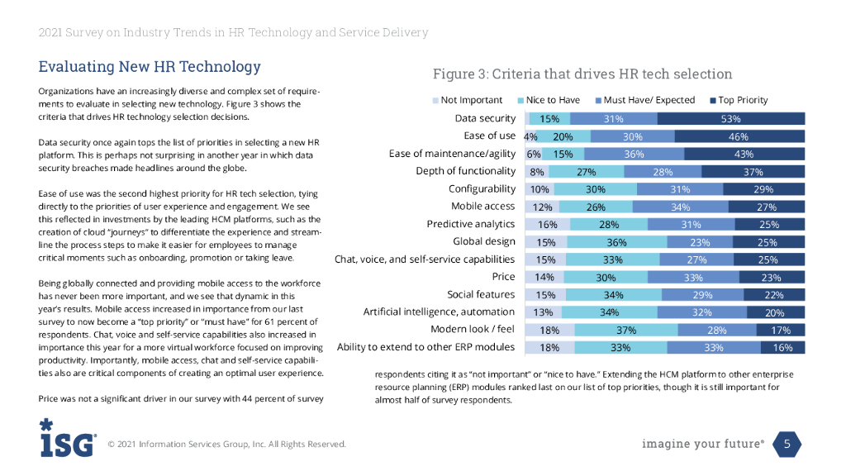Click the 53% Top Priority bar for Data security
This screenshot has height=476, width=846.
[731, 119]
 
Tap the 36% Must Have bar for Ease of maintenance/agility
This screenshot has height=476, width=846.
[634, 154]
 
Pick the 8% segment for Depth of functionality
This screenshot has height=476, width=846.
[536, 171]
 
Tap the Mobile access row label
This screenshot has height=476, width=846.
[483, 206]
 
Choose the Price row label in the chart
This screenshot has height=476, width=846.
[503, 276]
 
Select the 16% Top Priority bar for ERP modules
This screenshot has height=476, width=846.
[783, 347]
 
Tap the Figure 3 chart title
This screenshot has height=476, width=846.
[582, 74]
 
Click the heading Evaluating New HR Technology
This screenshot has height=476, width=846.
[150, 67]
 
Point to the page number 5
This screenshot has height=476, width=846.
[787, 445]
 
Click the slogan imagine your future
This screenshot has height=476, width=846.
[702, 445]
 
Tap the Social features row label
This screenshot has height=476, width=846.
[481, 294]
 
